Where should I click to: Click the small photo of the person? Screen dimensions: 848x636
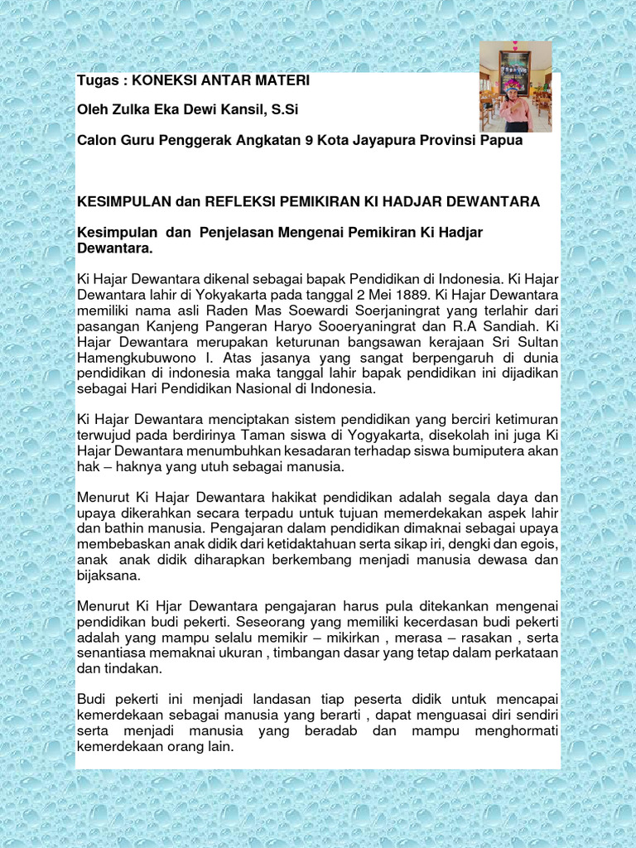tap(515, 87)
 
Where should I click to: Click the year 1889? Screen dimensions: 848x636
tap(397, 295)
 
